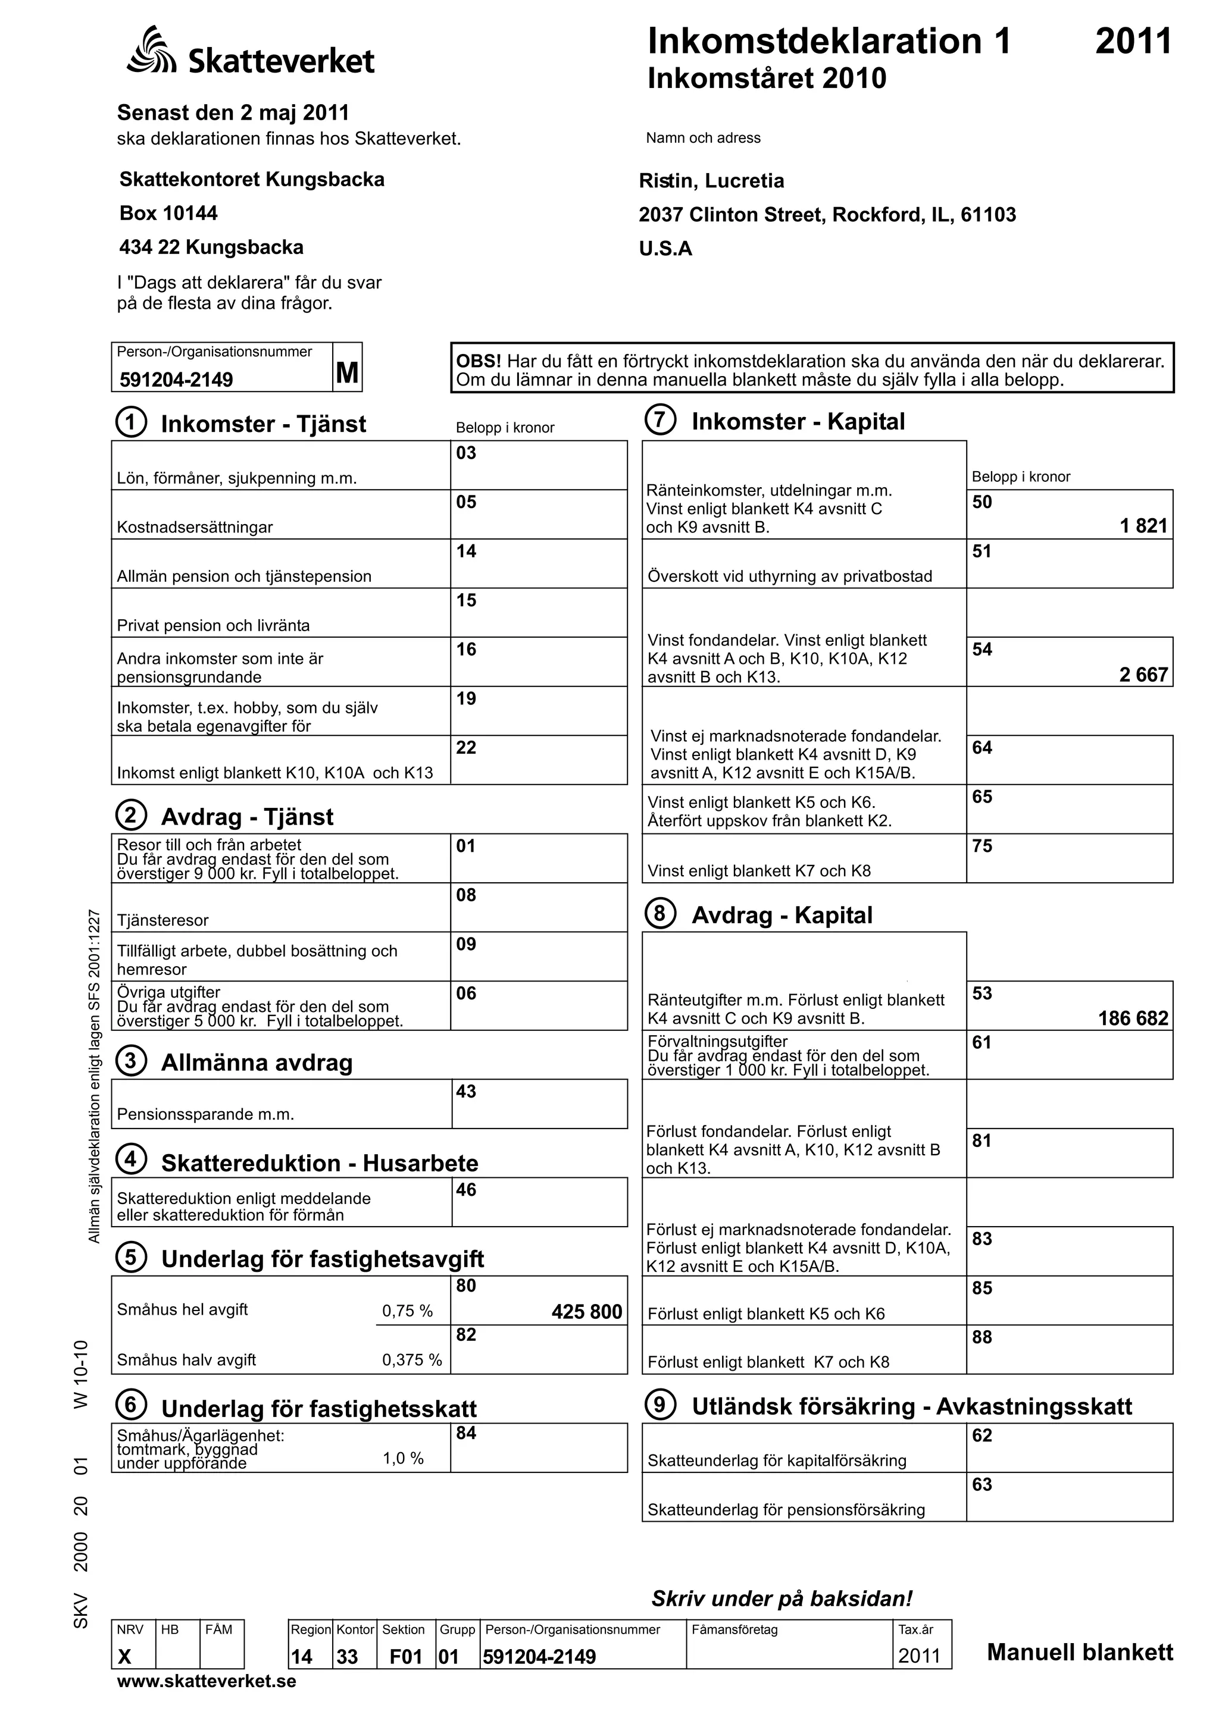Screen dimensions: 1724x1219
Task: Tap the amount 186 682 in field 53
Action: [1133, 1018]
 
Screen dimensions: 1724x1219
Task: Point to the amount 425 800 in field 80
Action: [587, 1312]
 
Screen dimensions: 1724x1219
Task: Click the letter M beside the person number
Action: [347, 372]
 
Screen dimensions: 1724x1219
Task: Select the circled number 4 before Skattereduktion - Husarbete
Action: [131, 1159]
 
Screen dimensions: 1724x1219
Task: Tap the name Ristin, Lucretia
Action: [711, 181]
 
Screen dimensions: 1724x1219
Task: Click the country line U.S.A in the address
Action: [665, 249]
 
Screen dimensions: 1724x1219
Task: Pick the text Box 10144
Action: [168, 213]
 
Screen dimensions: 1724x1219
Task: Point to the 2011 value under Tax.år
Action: [920, 1656]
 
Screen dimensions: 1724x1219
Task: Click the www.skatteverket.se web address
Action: [207, 1681]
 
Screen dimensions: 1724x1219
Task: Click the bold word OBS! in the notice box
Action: [479, 361]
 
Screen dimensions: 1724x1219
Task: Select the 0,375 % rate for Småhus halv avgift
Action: [411, 1360]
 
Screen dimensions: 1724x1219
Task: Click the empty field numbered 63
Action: [1069, 1497]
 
